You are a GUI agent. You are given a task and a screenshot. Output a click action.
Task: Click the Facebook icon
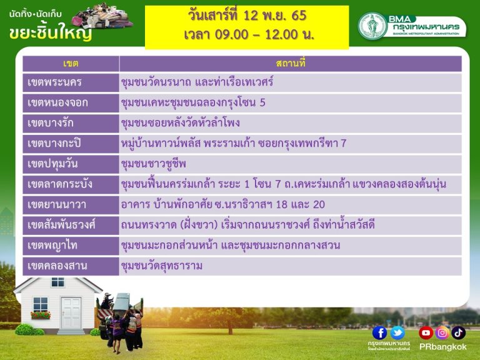[379, 332]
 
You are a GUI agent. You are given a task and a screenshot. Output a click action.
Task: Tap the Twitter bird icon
[397, 332]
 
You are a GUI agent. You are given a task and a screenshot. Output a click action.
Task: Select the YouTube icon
[426, 332]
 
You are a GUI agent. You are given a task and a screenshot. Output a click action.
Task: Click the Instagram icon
[442, 332]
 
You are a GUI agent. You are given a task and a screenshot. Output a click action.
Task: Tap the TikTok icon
[458, 332]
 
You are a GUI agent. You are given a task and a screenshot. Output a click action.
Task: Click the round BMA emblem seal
[372, 26]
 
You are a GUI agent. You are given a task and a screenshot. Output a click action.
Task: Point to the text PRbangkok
[443, 347]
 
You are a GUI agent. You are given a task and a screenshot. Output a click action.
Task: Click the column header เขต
[71, 64]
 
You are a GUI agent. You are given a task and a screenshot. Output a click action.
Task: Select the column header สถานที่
[291, 63]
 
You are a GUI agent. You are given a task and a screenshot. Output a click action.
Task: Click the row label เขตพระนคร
[54, 82]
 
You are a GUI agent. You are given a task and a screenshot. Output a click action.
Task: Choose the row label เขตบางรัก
[51, 123]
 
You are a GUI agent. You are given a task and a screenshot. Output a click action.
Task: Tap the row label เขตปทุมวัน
[52, 164]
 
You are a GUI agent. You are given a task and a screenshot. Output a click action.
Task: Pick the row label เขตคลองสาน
[57, 266]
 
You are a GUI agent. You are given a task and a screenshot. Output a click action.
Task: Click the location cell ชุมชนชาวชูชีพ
[153, 164]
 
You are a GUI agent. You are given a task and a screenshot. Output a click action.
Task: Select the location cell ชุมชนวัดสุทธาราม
[162, 266]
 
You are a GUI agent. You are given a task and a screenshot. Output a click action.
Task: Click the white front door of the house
[71, 314]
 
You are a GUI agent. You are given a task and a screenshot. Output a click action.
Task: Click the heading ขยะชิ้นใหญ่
[51, 32]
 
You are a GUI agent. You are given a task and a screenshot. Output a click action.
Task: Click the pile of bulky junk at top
[102, 16]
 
